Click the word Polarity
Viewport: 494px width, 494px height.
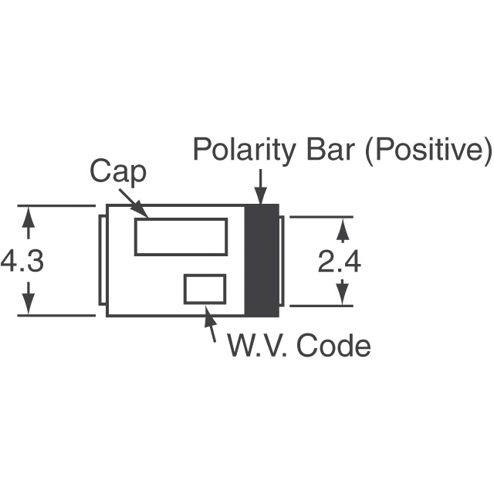[244, 151]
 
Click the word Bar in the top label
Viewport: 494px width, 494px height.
[331, 149]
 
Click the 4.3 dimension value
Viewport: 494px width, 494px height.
[22, 260]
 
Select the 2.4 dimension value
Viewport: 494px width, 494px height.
[339, 261]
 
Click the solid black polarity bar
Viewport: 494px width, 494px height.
[262, 260]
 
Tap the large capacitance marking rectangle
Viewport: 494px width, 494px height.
[181, 218]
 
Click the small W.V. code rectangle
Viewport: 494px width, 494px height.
[205, 276]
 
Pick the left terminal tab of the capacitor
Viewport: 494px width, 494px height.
[100, 260]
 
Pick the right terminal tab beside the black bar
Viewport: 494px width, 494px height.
[282, 261]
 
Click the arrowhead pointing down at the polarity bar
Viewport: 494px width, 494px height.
[261, 195]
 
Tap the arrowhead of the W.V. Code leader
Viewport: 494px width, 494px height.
[209, 314]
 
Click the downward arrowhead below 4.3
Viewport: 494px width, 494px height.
[29, 304]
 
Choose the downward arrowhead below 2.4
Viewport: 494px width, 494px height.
[343, 296]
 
